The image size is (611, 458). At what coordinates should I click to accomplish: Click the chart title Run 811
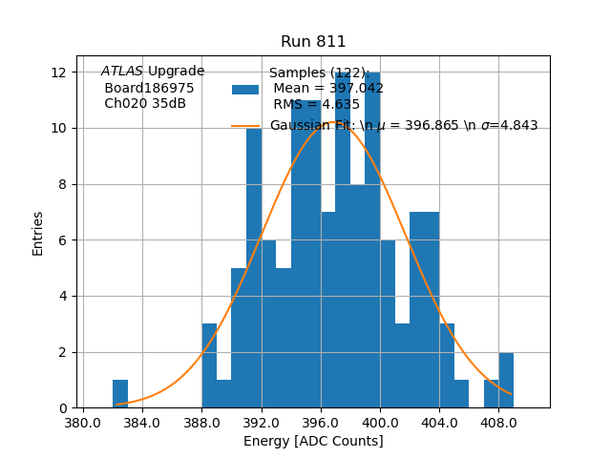pyautogui.click(x=313, y=42)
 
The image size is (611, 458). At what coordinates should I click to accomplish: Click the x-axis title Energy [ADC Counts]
pyautogui.click(x=313, y=441)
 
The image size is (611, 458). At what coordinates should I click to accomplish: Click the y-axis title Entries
pyautogui.click(x=38, y=233)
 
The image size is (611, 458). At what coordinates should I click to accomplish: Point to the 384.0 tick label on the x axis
pyautogui.click(x=142, y=421)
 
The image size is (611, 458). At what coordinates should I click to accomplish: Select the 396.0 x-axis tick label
pyautogui.click(x=321, y=421)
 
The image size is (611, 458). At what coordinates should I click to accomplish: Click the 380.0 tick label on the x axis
pyautogui.click(x=83, y=421)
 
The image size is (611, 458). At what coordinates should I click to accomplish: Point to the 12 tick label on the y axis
pyautogui.click(x=58, y=73)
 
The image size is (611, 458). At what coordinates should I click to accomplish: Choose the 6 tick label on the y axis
pyautogui.click(x=62, y=240)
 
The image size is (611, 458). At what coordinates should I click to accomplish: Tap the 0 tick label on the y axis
pyautogui.click(x=62, y=408)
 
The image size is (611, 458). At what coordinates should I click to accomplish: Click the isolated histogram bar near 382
pyautogui.click(x=120, y=394)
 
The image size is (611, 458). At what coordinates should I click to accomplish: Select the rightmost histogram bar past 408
pyautogui.click(x=506, y=381)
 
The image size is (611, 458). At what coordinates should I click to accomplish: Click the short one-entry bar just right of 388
pyautogui.click(x=224, y=394)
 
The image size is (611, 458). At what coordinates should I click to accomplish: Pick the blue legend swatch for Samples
pyautogui.click(x=245, y=89)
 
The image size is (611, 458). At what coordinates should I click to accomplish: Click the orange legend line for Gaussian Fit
pyautogui.click(x=245, y=126)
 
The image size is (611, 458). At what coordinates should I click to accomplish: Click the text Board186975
pyautogui.click(x=149, y=88)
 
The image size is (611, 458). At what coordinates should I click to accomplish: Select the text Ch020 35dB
pyautogui.click(x=145, y=103)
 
